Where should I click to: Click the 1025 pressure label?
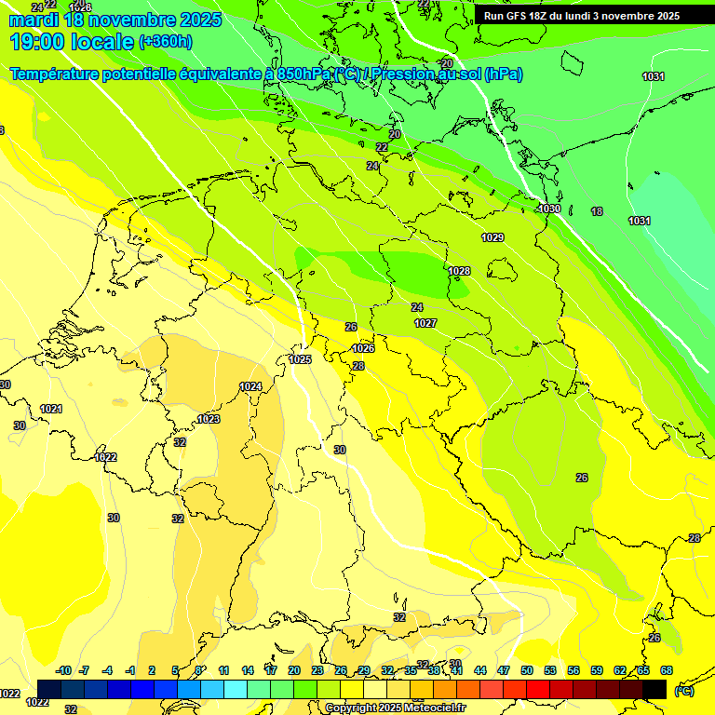tap(300, 359)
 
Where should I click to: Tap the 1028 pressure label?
tap(459, 271)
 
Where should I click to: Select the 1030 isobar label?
tap(549, 209)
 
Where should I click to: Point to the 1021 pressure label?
tap(51, 409)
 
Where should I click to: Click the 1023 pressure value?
tap(209, 419)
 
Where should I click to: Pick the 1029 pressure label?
tap(492, 237)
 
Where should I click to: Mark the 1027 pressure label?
tap(425, 323)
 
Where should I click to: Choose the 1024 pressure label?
tap(250, 386)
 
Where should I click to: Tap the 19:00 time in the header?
tap(38, 42)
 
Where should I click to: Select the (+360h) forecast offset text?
tap(166, 42)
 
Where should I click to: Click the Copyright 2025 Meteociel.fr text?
tap(394, 708)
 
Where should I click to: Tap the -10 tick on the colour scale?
tap(63, 670)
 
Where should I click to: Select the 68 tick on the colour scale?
tap(666, 670)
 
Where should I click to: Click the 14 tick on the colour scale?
tap(248, 670)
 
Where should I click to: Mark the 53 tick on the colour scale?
tap(550, 670)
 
